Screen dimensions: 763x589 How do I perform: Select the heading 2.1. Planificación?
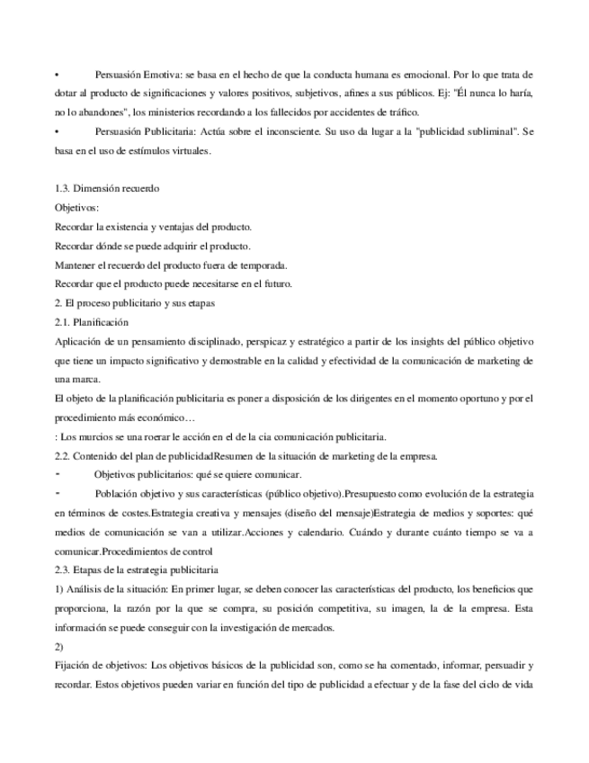[92, 322]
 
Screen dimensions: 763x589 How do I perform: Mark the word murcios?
[89, 436]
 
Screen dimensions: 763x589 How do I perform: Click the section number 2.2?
[64, 455]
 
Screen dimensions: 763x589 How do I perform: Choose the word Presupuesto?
[379, 494]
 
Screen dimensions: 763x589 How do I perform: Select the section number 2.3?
[64, 570]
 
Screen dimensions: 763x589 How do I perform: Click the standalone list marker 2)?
[60, 646]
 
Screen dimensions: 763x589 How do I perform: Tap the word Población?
[121, 494]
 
